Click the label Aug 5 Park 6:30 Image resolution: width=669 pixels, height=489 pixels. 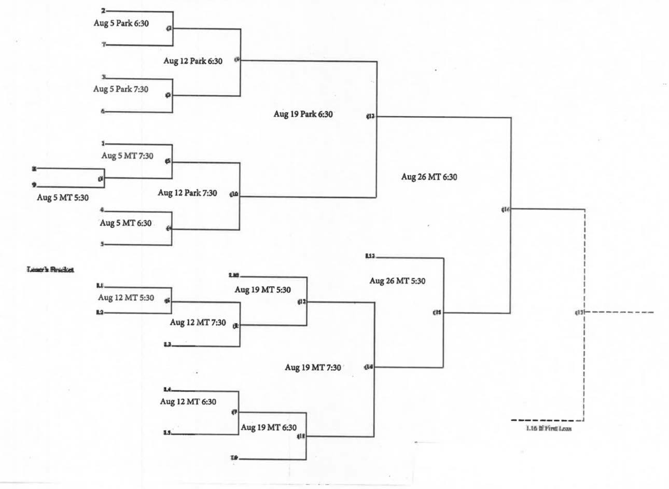tap(122, 23)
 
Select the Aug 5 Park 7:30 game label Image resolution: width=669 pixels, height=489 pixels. tap(121, 89)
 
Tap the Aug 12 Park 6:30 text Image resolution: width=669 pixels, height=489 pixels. tap(193, 61)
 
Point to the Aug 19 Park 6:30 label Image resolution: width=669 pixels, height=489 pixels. tap(303, 114)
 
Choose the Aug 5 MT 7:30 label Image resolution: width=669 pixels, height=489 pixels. tap(128, 156)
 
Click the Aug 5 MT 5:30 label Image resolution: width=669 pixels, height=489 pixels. tap(63, 198)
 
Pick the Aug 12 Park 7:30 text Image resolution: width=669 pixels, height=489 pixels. tap(187, 193)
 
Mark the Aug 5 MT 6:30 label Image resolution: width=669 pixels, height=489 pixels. tap(126, 223)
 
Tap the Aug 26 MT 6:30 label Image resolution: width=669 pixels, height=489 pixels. tap(429, 177)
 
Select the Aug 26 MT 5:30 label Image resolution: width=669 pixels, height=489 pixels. tap(397, 281)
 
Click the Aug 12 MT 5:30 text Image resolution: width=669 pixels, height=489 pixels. tap(126, 298)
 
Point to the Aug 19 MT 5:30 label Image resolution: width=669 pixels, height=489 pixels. tap(262, 290)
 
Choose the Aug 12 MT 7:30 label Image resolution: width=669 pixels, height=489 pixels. tap(198, 323)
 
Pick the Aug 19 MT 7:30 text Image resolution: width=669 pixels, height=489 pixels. tap(313, 367)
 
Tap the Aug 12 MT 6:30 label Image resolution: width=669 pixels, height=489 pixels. tap(188, 401)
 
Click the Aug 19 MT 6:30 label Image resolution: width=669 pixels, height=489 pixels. tap(269, 427)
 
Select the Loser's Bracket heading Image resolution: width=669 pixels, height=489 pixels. tap(50, 270)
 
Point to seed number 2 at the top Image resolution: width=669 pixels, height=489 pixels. tap(103, 10)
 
